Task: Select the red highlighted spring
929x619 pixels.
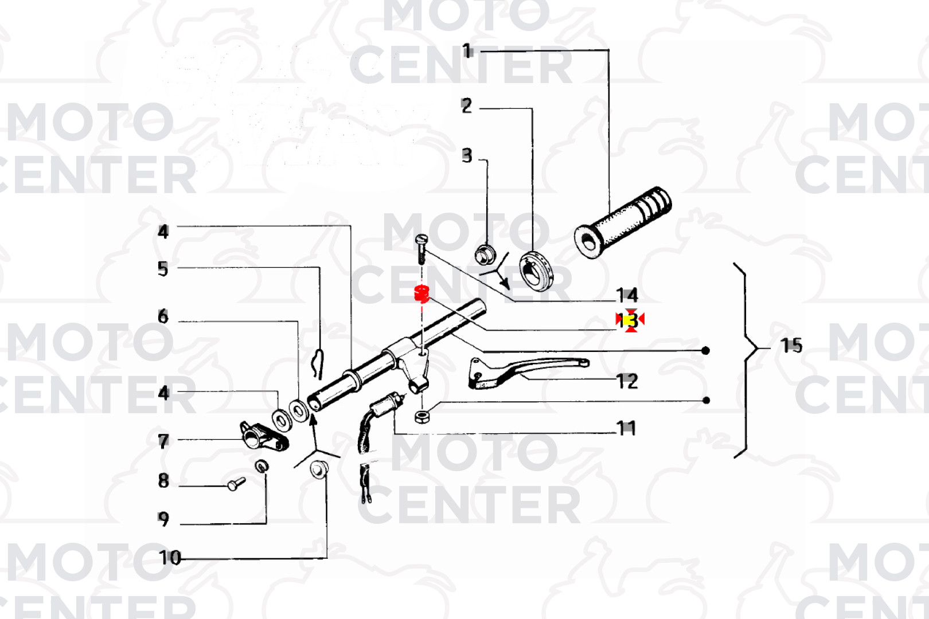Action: coord(421,293)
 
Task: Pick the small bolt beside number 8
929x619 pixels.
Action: coord(236,484)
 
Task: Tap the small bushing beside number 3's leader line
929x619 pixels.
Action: coord(485,253)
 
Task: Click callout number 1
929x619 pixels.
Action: coord(467,52)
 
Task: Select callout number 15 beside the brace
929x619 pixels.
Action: coord(791,346)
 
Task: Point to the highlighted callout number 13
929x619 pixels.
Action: coord(630,320)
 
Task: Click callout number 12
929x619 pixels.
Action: coord(627,381)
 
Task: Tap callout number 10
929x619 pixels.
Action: coord(170,558)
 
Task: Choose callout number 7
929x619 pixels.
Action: coord(163,441)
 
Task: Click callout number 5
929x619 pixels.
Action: coord(163,269)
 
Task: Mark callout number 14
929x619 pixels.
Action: coord(627,296)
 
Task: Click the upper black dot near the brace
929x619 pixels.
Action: coord(706,350)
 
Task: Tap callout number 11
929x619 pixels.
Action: coord(626,428)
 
